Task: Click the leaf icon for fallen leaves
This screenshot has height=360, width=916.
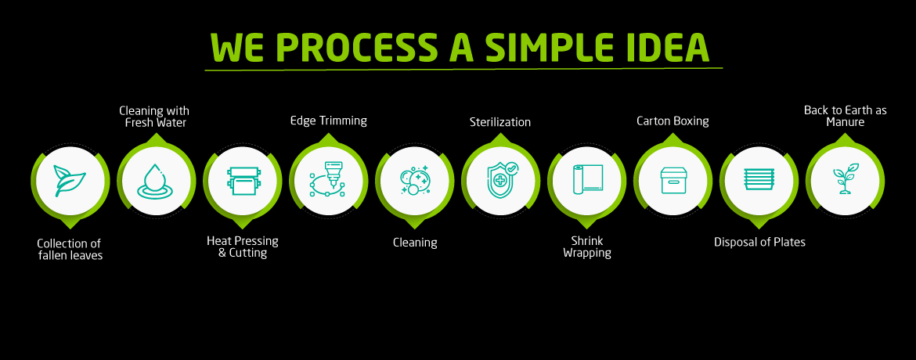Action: point(70,181)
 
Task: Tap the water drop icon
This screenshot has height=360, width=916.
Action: point(156,181)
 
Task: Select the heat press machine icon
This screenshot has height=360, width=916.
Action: point(243,181)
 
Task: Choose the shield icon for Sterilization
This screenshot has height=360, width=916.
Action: point(501,179)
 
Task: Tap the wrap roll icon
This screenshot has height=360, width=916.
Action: point(587,180)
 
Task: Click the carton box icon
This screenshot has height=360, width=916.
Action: point(673,180)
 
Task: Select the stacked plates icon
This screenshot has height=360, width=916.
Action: point(759,179)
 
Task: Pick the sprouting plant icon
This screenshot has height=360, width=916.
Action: point(846,179)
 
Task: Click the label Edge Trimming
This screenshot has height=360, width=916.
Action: point(329,121)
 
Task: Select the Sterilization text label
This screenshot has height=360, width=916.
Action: point(500,122)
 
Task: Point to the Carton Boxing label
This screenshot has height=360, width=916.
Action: point(673,121)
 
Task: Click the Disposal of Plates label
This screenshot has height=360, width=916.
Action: point(759,242)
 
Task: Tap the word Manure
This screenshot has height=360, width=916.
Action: point(846,122)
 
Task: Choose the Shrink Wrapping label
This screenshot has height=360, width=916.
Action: point(587,247)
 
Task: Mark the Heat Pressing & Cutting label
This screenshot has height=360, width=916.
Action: point(243,247)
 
